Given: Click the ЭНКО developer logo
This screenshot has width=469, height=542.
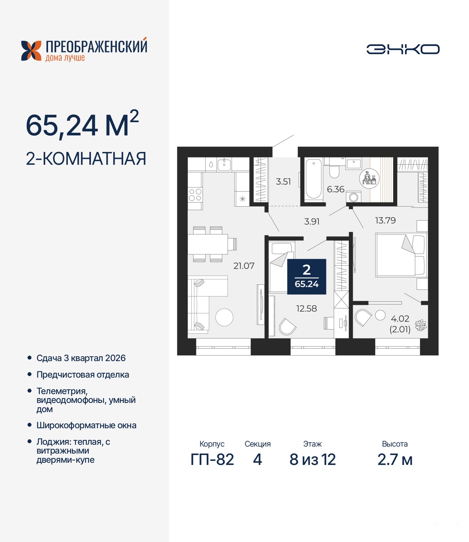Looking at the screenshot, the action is (403, 49).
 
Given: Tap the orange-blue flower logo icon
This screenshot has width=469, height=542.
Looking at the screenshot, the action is (31, 51).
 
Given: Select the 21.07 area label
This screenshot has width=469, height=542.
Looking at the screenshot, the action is (244, 266).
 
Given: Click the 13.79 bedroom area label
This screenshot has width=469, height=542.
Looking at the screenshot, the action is (385, 220).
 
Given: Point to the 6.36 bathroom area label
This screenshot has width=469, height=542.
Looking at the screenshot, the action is (336, 189).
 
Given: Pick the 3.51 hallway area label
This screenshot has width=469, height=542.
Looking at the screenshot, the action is (283, 181).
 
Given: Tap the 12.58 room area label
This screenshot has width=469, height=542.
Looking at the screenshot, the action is (306, 308).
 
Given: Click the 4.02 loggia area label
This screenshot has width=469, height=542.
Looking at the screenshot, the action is (400, 319).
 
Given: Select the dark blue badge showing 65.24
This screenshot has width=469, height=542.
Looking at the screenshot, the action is (307, 277).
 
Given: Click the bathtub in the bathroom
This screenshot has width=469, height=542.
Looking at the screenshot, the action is (313, 179).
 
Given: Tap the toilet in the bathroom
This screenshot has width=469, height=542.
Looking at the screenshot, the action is (334, 170).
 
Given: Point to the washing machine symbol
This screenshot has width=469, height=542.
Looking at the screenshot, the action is (354, 197).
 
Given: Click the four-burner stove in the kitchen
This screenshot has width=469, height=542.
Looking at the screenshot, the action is (195, 195).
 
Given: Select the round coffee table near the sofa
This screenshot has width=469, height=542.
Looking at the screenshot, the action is (224, 317).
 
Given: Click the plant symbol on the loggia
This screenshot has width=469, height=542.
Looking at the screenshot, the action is (421, 325).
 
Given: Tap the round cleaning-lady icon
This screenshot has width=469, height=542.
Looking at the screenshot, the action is (369, 179).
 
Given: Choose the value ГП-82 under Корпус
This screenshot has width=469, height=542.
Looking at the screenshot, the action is (212, 460).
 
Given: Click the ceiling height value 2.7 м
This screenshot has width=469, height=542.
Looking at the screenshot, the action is (395, 460).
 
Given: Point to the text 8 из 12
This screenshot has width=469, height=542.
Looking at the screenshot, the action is (313, 460).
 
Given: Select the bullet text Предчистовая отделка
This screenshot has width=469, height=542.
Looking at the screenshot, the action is (83, 375).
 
